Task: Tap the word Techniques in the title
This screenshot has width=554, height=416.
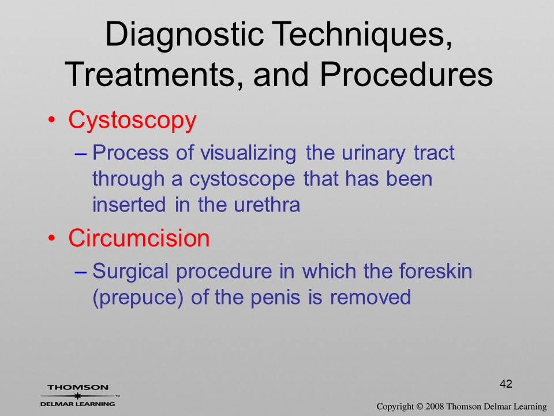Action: pos(362,35)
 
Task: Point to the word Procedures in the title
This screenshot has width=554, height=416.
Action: pos(406,74)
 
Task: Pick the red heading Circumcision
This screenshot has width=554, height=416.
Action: pos(139,237)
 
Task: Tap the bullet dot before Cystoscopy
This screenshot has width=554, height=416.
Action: pos(52,120)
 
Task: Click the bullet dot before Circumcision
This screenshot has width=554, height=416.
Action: pos(52,238)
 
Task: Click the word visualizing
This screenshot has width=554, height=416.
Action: pos(248,154)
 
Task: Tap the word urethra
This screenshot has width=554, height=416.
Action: pos(267,205)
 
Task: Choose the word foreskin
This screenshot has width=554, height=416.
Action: pos(436,270)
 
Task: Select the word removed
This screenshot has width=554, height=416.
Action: pos(370,297)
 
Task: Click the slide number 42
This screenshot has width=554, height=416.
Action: pos(506,384)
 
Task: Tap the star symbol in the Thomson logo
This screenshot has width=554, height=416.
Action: pos(77,396)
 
